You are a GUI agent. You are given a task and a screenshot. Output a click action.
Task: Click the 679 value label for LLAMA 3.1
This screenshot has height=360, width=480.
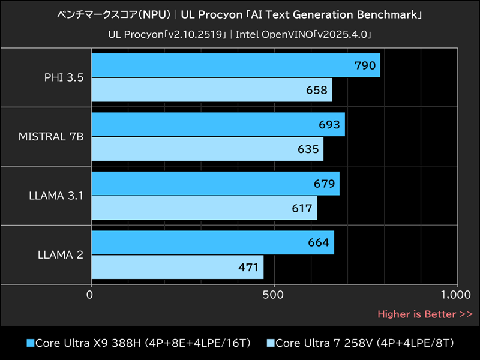pyautogui.click(x=324, y=184)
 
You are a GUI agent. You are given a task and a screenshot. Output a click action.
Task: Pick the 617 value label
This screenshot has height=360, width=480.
pyautogui.click(x=301, y=208)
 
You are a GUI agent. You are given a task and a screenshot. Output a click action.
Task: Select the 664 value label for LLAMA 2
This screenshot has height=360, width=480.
pyautogui.click(x=319, y=242)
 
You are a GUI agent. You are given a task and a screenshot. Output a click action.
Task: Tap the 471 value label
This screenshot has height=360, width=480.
pyautogui.click(x=248, y=266)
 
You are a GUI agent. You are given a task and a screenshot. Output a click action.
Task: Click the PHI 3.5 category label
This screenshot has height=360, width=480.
pyautogui.click(x=64, y=77)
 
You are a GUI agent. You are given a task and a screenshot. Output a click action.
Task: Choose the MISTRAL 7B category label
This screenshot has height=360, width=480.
pyautogui.click(x=51, y=136)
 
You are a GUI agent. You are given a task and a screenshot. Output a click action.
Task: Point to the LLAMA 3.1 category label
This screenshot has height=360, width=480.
pyautogui.click(x=55, y=195)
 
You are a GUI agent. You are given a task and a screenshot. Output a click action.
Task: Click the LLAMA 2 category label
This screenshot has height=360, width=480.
pyautogui.click(x=59, y=254)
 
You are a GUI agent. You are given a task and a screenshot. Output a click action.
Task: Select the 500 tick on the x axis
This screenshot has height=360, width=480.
pyautogui.click(x=274, y=295)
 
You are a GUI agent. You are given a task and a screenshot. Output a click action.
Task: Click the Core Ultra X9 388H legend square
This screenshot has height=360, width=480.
pyautogui.click(x=31, y=343)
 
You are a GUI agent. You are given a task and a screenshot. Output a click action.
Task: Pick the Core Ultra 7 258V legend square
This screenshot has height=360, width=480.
pyautogui.click(x=270, y=343)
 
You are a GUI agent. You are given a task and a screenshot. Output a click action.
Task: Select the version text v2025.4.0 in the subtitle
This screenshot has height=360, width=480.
pyautogui.click(x=345, y=35)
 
